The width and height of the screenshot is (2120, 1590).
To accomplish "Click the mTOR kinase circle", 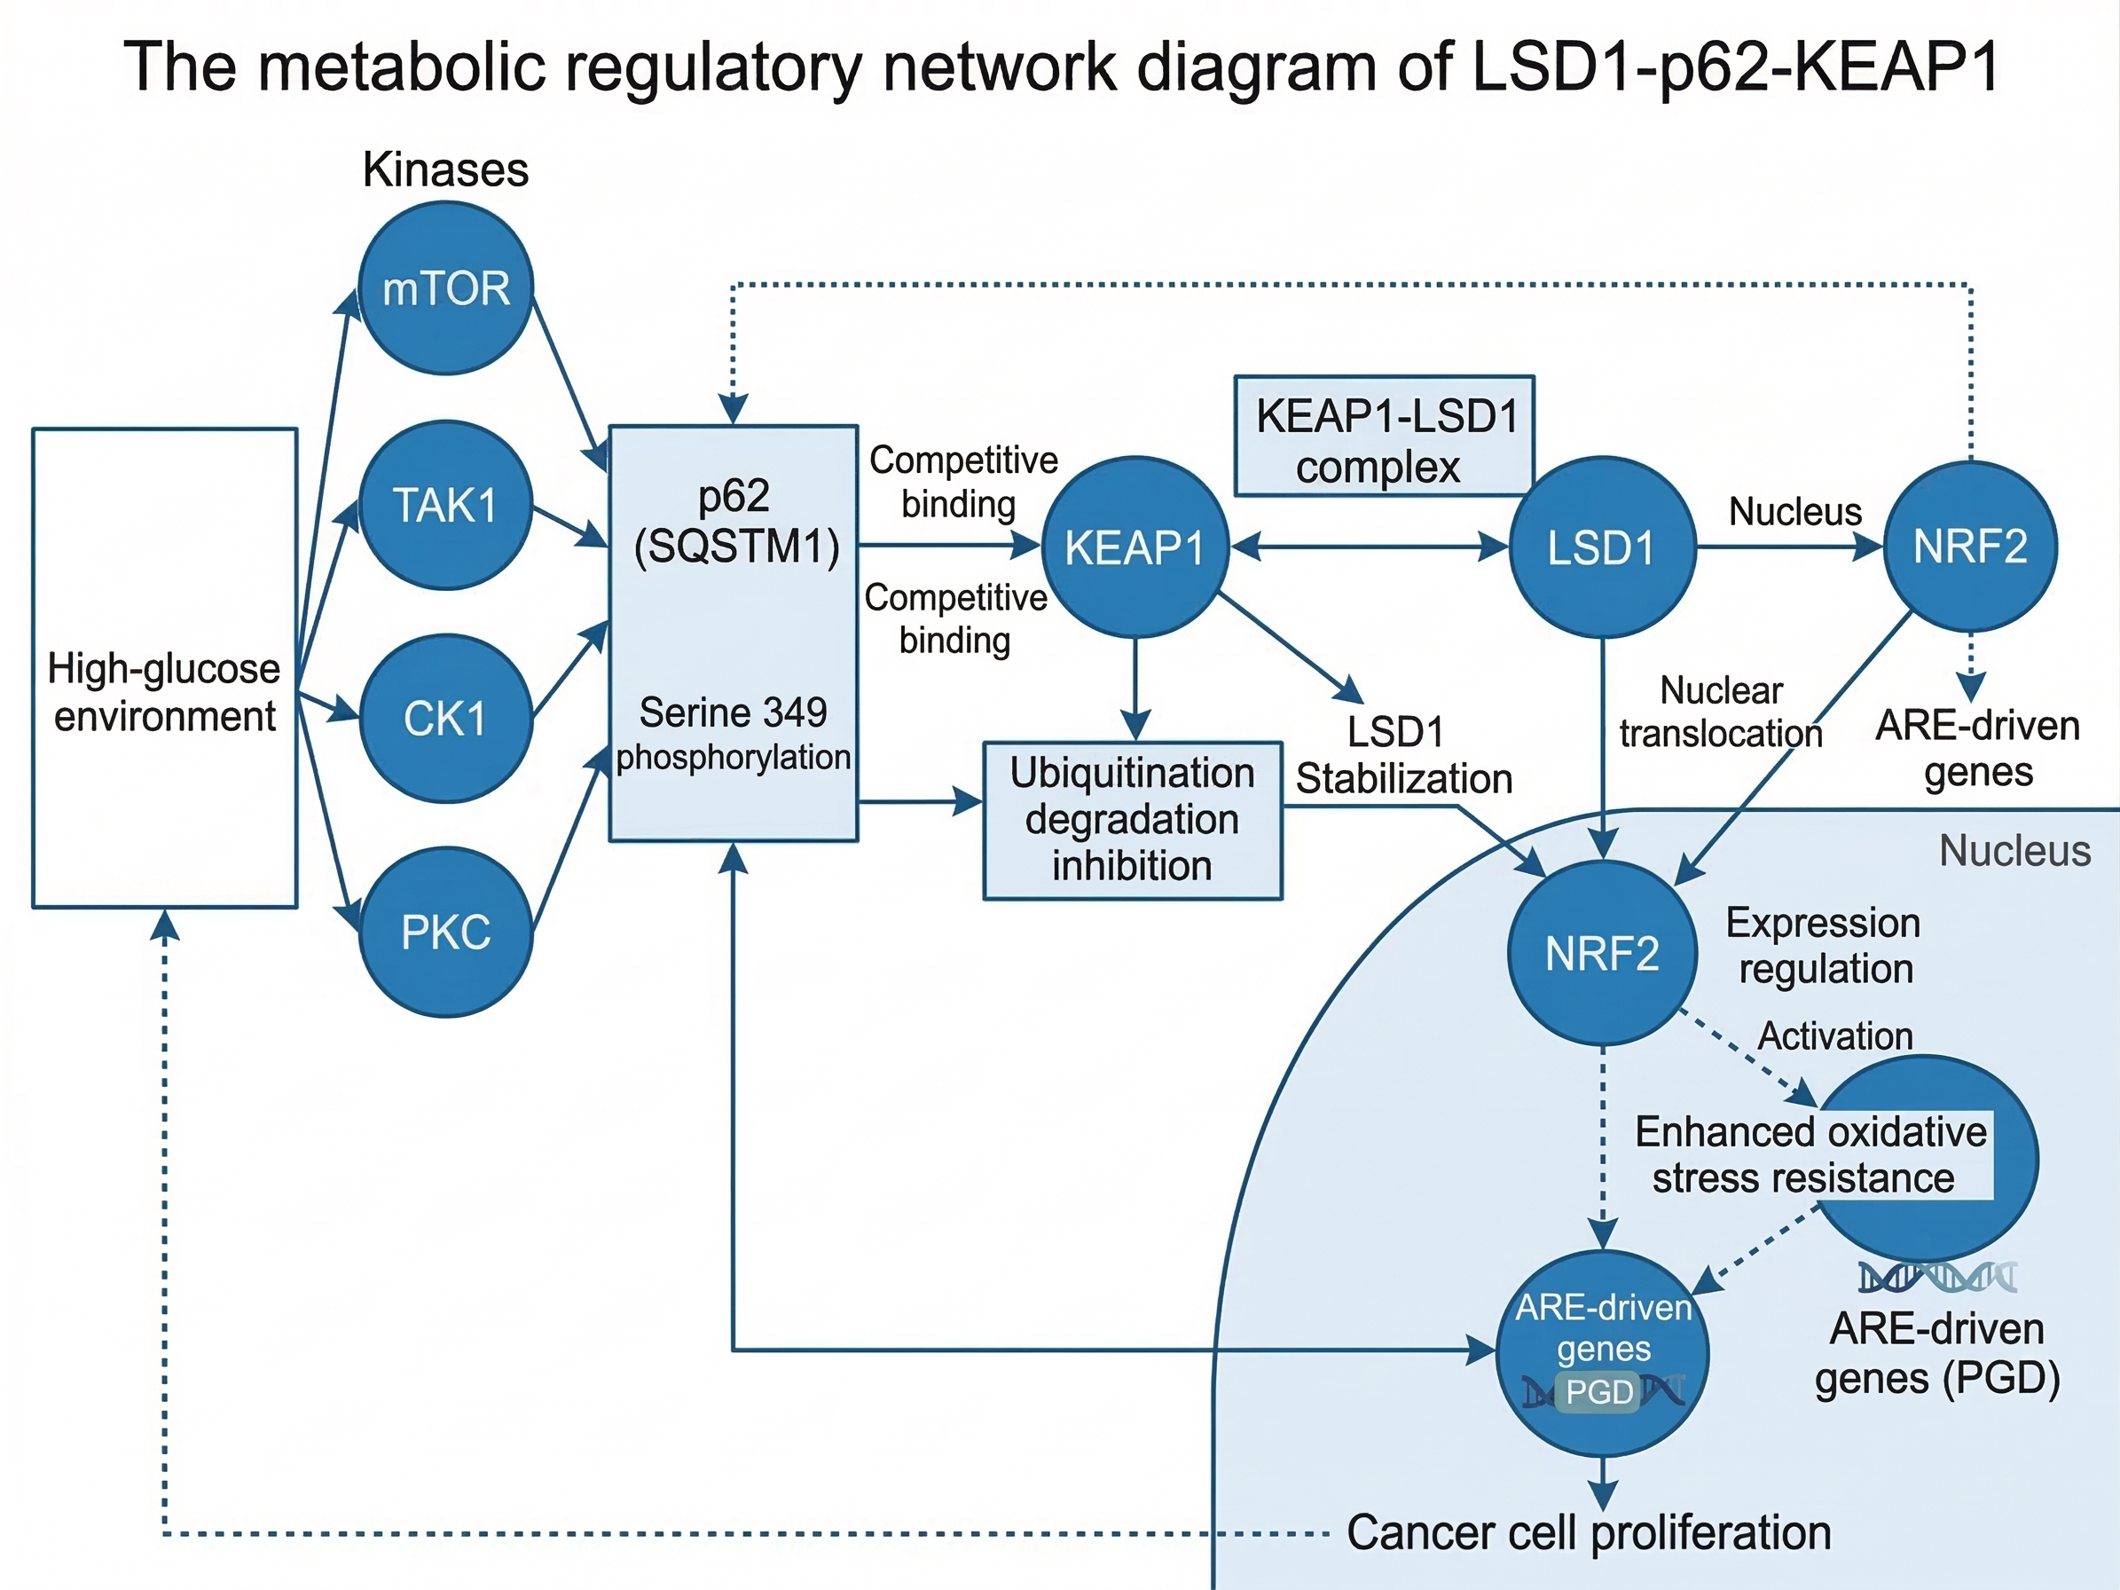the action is pyautogui.click(x=445, y=287).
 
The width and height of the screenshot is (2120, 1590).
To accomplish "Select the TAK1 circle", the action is pyautogui.click(x=445, y=505).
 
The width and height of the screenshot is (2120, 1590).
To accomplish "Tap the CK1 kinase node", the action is pyautogui.click(x=445, y=719).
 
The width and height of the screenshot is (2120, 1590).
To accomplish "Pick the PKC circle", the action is pyautogui.click(x=445, y=932).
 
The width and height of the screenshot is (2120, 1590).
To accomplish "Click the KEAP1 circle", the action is pyautogui.click(x=1135, y=547).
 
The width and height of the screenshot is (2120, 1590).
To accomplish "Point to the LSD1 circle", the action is pyautogui.click(x=1603, y=547).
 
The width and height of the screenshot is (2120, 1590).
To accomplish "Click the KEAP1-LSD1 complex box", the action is pyautogui.click(x=1384, y=436).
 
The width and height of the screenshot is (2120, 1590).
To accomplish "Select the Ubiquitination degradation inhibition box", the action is pyautogui.click(x=1133, y=821).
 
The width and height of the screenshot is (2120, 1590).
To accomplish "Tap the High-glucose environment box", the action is pyautogui.click(x=165, y=668).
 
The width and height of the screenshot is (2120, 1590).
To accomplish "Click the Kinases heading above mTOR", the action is pyautogui.click(x=445, y=169).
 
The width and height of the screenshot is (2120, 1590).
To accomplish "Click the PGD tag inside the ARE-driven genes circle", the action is pyautogui.click(x=1598, y=1391).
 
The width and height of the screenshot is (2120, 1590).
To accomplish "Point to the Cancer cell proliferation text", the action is pyautogui.click(x=1589, y=1531).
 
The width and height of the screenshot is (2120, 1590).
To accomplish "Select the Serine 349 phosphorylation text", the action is pyautogui.click(x=734, y=734).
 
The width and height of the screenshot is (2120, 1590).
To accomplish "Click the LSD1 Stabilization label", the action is pyautogui.click(x=1404, y=755).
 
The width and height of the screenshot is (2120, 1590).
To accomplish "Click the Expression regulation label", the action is pyautogui.click(x=1824, y=946).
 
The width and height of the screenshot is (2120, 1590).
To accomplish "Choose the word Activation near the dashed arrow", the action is pyautogui.click(x=1835, y=1036).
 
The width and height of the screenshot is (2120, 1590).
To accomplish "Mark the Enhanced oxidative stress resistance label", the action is pyautogui.click(x=1810, y=1155).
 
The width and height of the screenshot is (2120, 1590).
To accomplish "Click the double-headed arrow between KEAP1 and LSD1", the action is pyautogui.click(x=1370, y=547).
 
